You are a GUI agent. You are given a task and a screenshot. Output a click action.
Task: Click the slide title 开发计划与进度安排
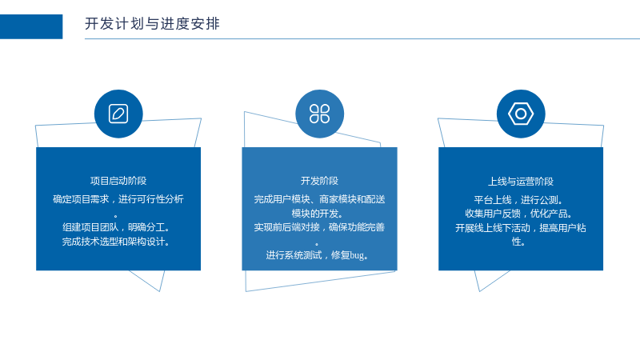[152, 24]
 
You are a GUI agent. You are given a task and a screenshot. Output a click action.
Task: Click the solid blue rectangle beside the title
[31, 26]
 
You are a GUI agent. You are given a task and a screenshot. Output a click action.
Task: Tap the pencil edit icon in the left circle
[118, 114]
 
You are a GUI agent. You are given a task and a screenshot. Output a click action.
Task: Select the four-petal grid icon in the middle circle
[319, 114]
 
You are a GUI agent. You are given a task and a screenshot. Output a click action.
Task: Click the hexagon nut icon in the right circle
[521, 114]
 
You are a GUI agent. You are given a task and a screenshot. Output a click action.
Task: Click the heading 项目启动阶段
[118, 181]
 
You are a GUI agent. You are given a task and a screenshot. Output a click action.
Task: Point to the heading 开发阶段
[319, 181]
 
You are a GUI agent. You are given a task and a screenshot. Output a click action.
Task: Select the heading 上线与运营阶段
[521, 182]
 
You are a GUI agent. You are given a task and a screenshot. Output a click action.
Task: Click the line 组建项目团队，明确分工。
[116, 227]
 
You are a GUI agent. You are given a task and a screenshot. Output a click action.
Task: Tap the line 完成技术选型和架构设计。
[116, 242]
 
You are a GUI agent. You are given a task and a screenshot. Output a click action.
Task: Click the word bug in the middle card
[357, 255]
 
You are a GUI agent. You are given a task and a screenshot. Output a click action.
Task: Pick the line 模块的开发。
[318, 214]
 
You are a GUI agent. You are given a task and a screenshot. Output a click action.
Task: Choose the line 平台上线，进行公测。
[518, 200]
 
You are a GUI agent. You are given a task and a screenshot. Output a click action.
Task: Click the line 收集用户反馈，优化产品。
[518, 214]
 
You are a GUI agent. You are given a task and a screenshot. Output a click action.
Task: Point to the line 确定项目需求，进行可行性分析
[118, 199]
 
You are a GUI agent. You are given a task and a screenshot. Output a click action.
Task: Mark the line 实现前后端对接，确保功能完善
[319, 227]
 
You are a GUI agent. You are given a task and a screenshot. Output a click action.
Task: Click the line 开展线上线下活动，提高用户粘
[521, 228]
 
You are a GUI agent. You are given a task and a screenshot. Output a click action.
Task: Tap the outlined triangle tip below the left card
[159, 291]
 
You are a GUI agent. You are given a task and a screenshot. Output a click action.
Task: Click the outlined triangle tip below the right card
[479, 291]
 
